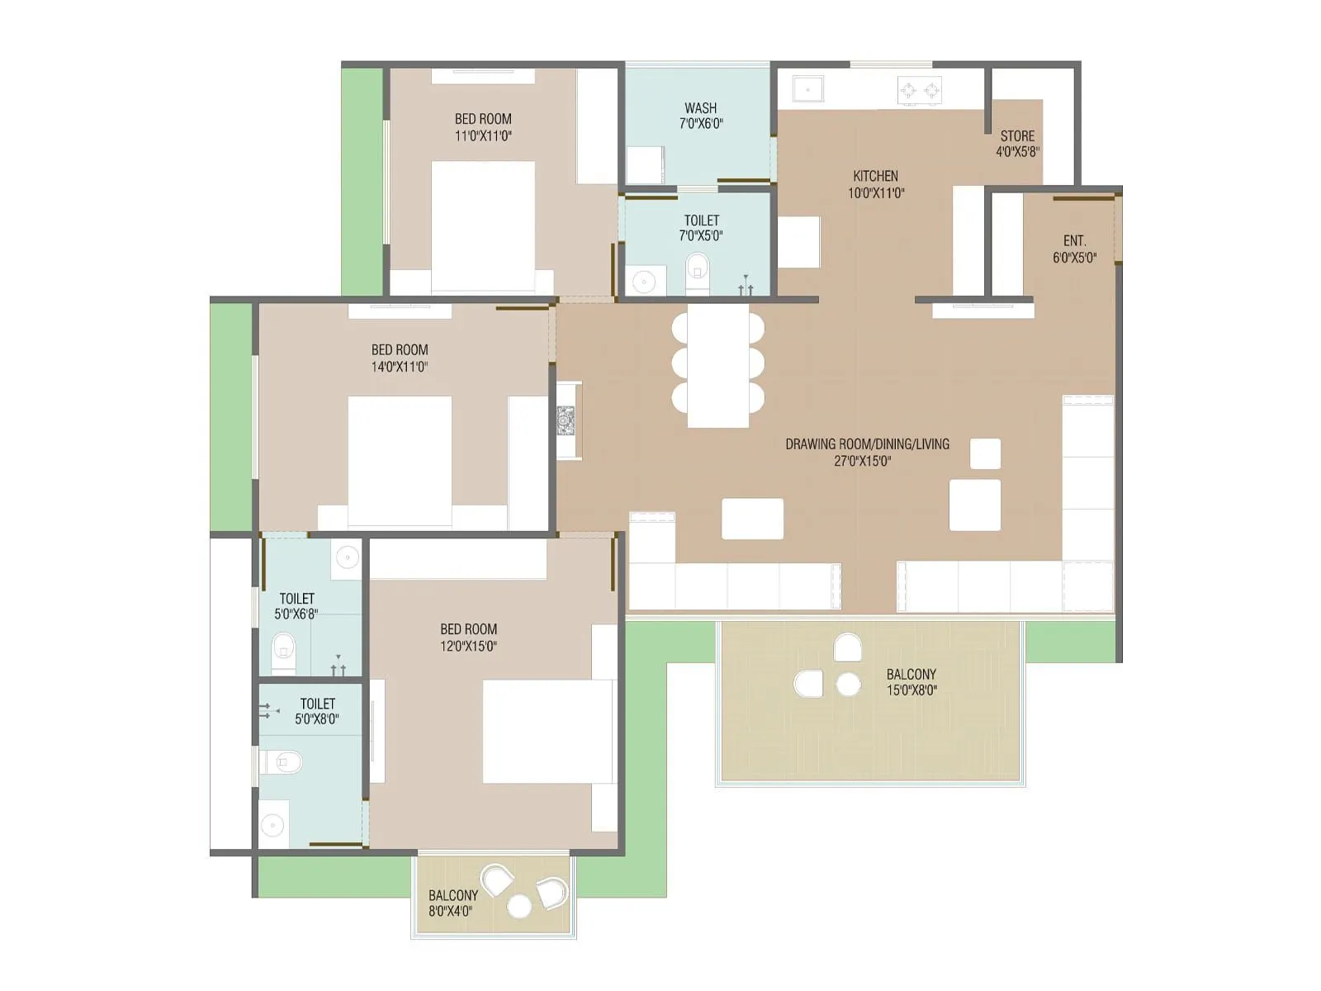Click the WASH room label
[x=700, y=108]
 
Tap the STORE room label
[x=1017, y=136]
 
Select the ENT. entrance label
[x=1074, y=241]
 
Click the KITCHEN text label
[x=875, y=176]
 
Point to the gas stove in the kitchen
[x=920, y=89]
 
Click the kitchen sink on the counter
[x=807, y=88]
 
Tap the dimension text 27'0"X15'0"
[x=862, y=461]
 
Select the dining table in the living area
[x=717, y=365]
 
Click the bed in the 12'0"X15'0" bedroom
[x=549, y=731]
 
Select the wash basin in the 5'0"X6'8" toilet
[x=347, y=557]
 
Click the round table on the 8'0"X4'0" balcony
[x=519, y=906]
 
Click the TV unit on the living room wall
[x=567, y=420]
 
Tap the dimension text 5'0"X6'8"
[x=296, y=614]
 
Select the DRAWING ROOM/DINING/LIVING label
[x=867, y=444]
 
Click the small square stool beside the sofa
[x=985, y=453]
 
